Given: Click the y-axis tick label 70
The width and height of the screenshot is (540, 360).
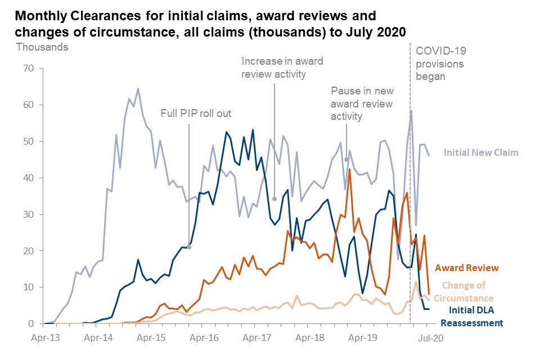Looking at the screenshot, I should coord(28,69).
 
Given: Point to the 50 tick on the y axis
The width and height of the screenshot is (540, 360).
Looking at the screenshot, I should coord(28,141).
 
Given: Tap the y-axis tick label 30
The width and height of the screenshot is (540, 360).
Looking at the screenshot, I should coord(28,214).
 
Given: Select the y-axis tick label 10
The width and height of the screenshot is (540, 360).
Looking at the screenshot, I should coord(28,287).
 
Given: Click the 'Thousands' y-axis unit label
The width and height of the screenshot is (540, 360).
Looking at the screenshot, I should coord(42,47).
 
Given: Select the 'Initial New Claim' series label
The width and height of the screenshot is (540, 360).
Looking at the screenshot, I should coord(481,152).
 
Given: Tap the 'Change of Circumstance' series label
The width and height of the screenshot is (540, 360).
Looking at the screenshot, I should coord(467,291).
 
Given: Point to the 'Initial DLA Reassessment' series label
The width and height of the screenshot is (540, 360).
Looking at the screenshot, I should coord(471,316).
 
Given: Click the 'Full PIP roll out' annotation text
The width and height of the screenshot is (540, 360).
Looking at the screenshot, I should coord(196,114).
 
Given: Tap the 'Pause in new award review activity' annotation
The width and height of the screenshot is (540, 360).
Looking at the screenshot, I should coord(362,103).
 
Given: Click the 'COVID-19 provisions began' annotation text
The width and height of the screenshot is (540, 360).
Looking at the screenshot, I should coord(440,63).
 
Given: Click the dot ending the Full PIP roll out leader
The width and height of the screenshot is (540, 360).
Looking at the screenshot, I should coord(189,247).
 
